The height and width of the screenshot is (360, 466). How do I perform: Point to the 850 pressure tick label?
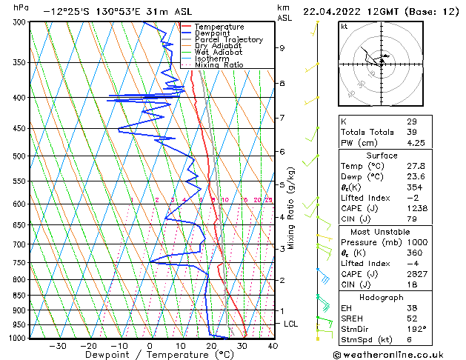click(19, 296)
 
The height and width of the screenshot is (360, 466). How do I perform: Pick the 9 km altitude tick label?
click(282, 48)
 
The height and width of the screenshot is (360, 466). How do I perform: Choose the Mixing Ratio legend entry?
click(219, 64)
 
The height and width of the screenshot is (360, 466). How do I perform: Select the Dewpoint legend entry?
click(212, 33)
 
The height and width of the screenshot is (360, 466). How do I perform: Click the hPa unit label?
click(21, 7)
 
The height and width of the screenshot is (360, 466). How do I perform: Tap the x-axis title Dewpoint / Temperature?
click(150, 355)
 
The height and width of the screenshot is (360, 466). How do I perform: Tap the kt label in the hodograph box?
click(344, 27)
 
